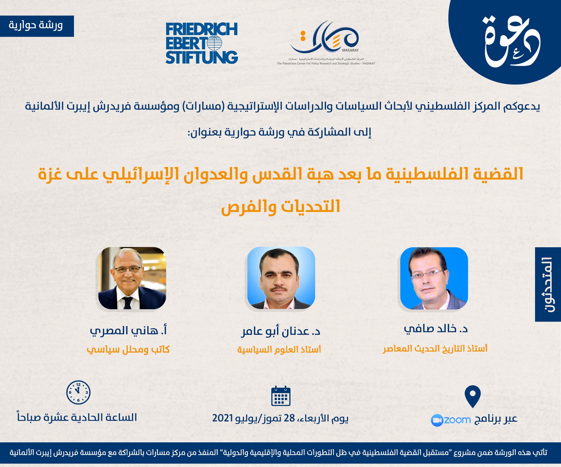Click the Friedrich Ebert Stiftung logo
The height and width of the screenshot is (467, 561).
tap(202, 43)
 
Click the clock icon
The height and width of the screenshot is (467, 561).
tap(78, 392)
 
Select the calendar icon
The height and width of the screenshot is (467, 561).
tap(281, 396)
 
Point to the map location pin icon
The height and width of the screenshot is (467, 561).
tap(473, 396)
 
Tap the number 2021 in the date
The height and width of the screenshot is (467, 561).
tap(222, 418)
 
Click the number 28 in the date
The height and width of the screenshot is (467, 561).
tap(289, 418)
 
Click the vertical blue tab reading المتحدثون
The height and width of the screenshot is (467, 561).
tap(548, 284)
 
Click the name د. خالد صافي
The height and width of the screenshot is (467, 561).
tap(436, 329)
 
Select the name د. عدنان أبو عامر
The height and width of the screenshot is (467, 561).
tap(280, 331)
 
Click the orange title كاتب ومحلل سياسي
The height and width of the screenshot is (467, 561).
tap(128, 349)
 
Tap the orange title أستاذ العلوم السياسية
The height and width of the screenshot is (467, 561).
tap(279, 349)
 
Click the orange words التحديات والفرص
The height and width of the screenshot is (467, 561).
tap(280, 207)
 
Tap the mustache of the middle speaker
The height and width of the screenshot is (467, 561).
tap(279, 289)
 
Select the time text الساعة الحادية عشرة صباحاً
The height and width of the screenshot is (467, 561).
tap(77, 418)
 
